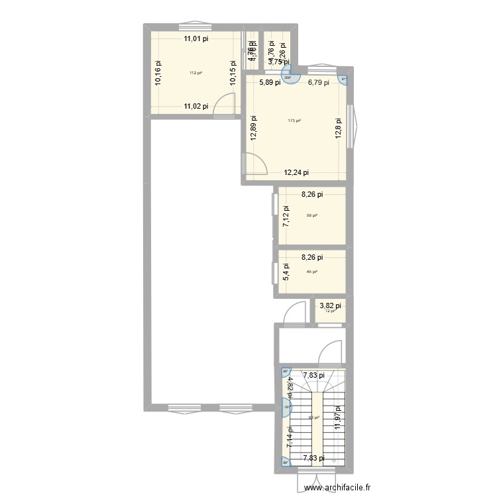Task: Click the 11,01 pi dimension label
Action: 196,39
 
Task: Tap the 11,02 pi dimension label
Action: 196,106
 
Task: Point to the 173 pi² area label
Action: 294,121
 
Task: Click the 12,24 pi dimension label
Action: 297,172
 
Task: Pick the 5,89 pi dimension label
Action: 270,83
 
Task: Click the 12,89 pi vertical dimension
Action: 252,127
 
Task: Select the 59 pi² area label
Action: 311,215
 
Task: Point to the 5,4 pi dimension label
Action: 286,272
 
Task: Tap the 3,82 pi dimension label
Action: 330,305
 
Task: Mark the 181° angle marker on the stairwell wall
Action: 287,408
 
